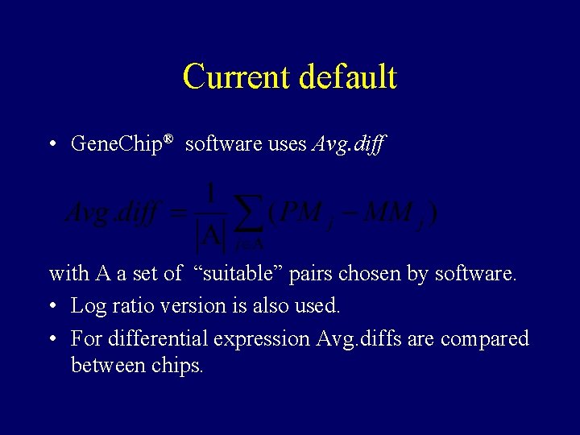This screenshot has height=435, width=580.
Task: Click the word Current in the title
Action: pos(237,77)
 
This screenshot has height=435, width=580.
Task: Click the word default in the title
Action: pos(348,77)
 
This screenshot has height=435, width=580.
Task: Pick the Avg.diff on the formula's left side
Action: pos(112,214)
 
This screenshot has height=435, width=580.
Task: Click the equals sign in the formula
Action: pos(179,215)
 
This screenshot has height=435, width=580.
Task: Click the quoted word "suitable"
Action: pos(238,274)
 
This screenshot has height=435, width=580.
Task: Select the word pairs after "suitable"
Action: pos(311,274)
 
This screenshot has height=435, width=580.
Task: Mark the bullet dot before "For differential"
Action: pos(52,339)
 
